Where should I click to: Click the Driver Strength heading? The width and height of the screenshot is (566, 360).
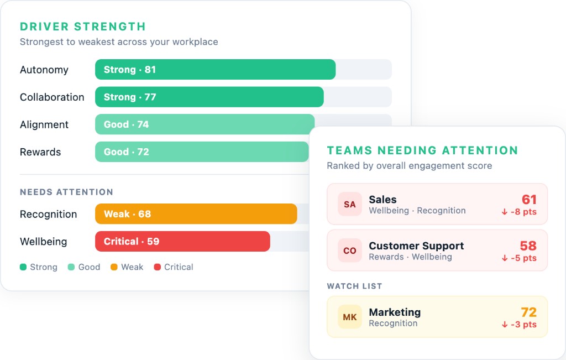[x=83, y=27]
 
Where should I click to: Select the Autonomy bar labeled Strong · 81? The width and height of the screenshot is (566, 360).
[x=215, y=70]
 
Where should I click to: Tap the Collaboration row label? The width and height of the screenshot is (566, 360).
[x=52, y=97]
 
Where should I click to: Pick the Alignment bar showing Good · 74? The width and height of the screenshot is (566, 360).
[x=204, y=124]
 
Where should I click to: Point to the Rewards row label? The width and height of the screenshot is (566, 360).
[x=40, y=152]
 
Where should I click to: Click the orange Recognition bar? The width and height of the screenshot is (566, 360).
[x=196, y=214]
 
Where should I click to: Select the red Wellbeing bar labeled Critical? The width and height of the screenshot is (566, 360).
[x=182, y=242]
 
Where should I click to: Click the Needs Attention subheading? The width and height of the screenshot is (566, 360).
[x=66, y=192]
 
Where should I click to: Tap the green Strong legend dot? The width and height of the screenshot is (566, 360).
[x=23, y=267]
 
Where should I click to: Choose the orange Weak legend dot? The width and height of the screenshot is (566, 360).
[x=114, y=267]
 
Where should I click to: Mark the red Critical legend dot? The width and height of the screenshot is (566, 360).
[x=157, y=267]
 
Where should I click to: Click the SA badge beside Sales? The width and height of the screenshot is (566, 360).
[x=350, y=204]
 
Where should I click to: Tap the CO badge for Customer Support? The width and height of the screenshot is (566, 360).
[x=350, y=251]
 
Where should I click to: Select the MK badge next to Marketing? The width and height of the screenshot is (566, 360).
[x=350, y=317]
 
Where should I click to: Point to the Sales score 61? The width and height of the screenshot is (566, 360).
[x=529, y=200]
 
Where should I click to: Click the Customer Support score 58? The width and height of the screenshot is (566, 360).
[x=528, y=246]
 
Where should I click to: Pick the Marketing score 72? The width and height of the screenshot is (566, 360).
[x=529, y=312]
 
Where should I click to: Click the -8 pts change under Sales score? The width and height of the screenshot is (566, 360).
[x=519, y=212]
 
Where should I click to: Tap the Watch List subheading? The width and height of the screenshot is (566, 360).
[x=354, y=286]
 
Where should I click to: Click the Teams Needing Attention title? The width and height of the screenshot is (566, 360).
[x=422, y=150]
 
